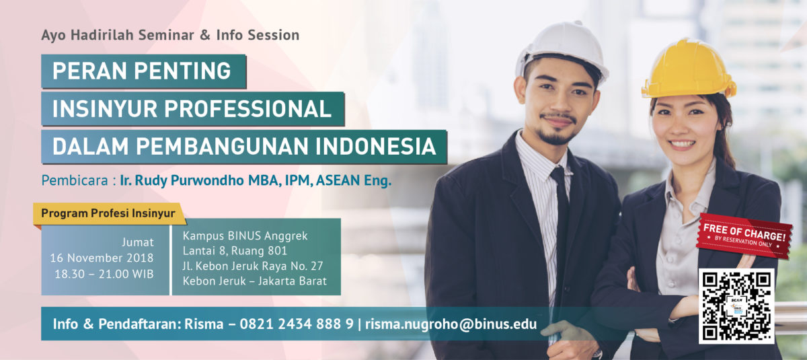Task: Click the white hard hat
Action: pyautogui.click(x=562, y=50)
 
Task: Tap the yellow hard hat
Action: pyautogui.click(x=689, y=69)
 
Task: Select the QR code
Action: pyautogui.click(x=736, y=306)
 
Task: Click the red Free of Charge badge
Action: pyautogui.click(x=744, y=236)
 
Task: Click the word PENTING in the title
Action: pyautogui.click(x=182, y=71)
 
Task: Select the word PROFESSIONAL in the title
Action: pyautogui.click(x=248, y=108)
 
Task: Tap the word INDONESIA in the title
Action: pyautogui.click(x=376, y=146)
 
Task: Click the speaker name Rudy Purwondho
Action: pyautogui.click(x=190, y=180)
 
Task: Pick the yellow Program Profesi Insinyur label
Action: pyautogui.click(x=109, y=214)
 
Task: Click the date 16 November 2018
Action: pyautogui.click(x=102, y=258)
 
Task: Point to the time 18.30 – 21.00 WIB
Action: pyautogui.click(x=104, y=275)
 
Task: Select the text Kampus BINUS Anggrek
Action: pyautogui.click(x=245, y=236)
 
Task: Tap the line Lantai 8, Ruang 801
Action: pyautogui.click(x=235, y=251)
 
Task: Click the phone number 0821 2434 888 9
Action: pyautogui.click(x=297, y=324)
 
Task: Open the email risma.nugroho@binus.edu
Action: pyautogui.click(x=451, y=324)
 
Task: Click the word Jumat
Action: pyautogui.click(x=138, y=242)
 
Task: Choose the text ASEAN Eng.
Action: pyautogui.click(x=354, y=180)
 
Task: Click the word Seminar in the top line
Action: pyautogui.click(x=166, y=35)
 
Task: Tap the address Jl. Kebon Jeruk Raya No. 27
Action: pyautogui.click(x=253, y=266)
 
